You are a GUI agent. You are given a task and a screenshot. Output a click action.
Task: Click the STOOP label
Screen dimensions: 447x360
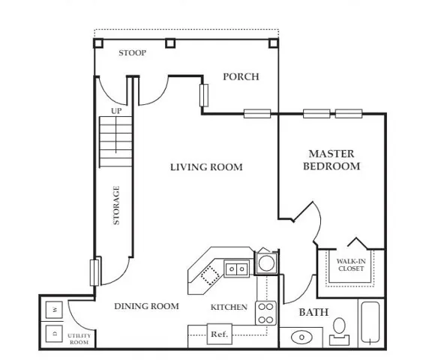tap(132, 52)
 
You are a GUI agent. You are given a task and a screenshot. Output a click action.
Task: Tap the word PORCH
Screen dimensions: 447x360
tap(241, 76)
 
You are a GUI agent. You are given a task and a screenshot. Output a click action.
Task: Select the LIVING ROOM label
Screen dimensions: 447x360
tap(206, 167)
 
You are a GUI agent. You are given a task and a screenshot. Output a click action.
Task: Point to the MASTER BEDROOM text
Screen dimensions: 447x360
tap(331, 160)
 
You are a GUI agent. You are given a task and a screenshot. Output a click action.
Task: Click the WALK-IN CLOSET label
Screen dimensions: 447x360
tap(351, 265)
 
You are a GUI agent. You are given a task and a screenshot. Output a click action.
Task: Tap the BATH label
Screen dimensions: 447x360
tap(313, 312)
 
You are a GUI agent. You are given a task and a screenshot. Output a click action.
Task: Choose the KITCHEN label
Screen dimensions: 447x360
tap(229, 307)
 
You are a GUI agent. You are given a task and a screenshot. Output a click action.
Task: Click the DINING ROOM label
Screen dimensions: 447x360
tap(146, 306)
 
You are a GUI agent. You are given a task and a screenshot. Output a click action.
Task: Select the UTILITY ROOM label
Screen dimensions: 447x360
tap(79, 339)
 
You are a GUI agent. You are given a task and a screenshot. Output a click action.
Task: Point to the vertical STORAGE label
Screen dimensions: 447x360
tap(116, 205)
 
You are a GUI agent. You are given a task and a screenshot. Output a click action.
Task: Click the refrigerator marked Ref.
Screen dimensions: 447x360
tap(219, 334)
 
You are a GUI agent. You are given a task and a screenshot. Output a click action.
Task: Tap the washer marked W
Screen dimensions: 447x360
tap(54, 310)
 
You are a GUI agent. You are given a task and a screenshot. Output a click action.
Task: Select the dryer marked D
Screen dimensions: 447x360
tap(54, 334)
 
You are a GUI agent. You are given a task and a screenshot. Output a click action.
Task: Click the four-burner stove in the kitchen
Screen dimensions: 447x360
tap(265, 313)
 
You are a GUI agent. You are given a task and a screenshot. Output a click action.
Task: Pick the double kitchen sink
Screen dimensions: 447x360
tap(236, 268)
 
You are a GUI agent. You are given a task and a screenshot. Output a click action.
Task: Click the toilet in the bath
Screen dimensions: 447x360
tap(339, 331)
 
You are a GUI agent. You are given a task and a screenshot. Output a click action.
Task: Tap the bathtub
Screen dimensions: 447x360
tap(370, 322)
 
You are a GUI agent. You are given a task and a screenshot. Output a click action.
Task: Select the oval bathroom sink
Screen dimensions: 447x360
tap(301, 337)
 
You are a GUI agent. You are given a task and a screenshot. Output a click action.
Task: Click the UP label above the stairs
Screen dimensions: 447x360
tap(116, 111)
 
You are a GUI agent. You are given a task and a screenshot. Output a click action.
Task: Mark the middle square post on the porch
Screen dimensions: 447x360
tap(170, 43)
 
